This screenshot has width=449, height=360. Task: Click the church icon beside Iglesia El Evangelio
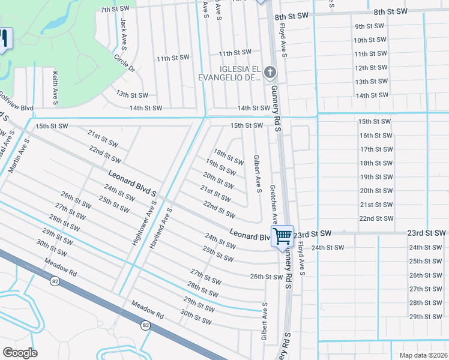coord(270,73)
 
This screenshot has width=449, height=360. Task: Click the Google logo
coord(20,353)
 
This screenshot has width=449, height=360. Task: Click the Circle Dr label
coord(124,64)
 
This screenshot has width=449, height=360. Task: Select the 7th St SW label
coord(115,10)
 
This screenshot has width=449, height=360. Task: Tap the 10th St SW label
coord(369,40)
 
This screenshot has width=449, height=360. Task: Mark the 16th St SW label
coord(376,136)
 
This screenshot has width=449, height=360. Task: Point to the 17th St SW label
coord(376,149)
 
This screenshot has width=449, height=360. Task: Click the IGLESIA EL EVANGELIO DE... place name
coord(231,73)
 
